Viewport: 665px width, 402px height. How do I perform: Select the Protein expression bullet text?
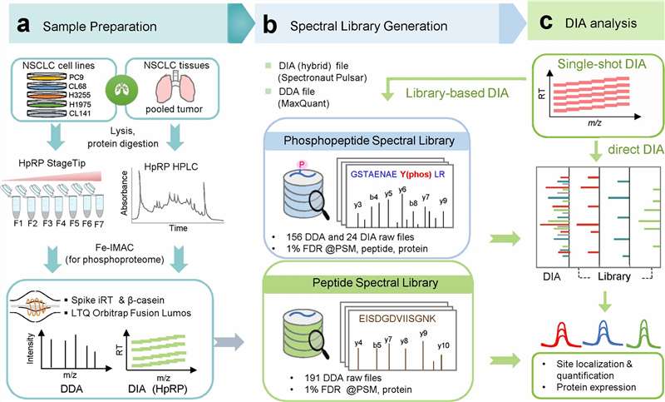(585, 385)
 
